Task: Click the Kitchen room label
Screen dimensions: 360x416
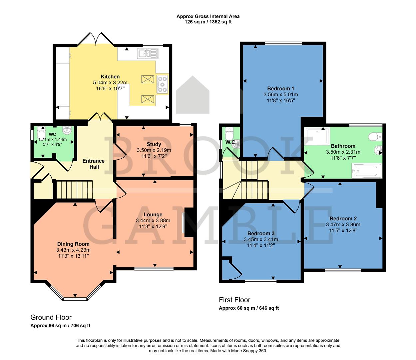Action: point(110,77)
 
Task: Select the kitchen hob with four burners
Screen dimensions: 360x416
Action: point(162,84)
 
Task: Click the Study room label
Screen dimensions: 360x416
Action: point(154,144)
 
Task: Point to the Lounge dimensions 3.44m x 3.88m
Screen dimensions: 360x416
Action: point(153,221)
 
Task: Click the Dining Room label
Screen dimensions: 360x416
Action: point(73,244)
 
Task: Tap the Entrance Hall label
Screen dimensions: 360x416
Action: point(94,164)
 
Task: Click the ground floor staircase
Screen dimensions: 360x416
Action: point(74,190)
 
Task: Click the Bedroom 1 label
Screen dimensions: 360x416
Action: point(280,89)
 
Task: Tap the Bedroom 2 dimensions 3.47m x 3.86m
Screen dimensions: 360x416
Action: point(343,225)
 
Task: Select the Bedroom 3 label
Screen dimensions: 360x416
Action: point(261,233)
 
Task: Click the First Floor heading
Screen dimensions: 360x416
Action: point(234,300)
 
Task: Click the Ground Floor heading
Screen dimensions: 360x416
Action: point(51,317)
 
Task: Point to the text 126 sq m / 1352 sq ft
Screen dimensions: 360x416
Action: point(208,22)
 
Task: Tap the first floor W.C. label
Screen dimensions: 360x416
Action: point(231,142)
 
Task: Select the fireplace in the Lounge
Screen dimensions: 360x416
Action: point(189,222)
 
